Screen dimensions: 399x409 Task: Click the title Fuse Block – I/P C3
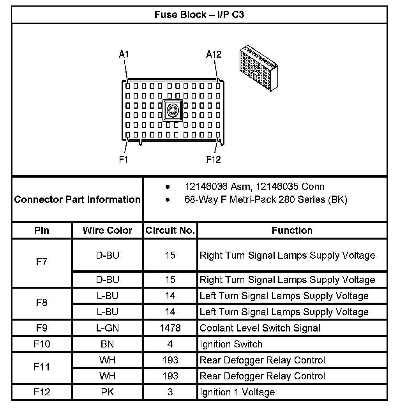pos(199,15)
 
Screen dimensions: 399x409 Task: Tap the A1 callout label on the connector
pos(124,55)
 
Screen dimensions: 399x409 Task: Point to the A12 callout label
pos(214,55)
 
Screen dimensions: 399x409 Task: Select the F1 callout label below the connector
pos(124,160)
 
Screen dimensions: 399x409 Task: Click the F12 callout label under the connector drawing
pos(214,160)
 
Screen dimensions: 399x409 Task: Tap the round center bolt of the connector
pos(172,111)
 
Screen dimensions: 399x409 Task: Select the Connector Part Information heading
pos(77,199)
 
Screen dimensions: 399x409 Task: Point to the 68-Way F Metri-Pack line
pos(265,200)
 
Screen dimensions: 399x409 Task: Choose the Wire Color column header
pos(108,230)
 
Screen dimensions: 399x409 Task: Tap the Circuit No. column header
pos(170,230)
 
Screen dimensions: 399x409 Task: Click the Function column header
pos(292,230)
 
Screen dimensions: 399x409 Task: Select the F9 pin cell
pos(42,328)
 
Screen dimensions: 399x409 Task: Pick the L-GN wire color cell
pos(108,328)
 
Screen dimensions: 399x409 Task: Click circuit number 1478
pos(170,328)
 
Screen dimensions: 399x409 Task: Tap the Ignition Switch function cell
pos(231,344)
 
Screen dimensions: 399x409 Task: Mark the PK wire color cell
pos(108,392)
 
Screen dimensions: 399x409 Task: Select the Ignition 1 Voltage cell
pos(237,392)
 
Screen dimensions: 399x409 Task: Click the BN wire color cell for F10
pos(108,344)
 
